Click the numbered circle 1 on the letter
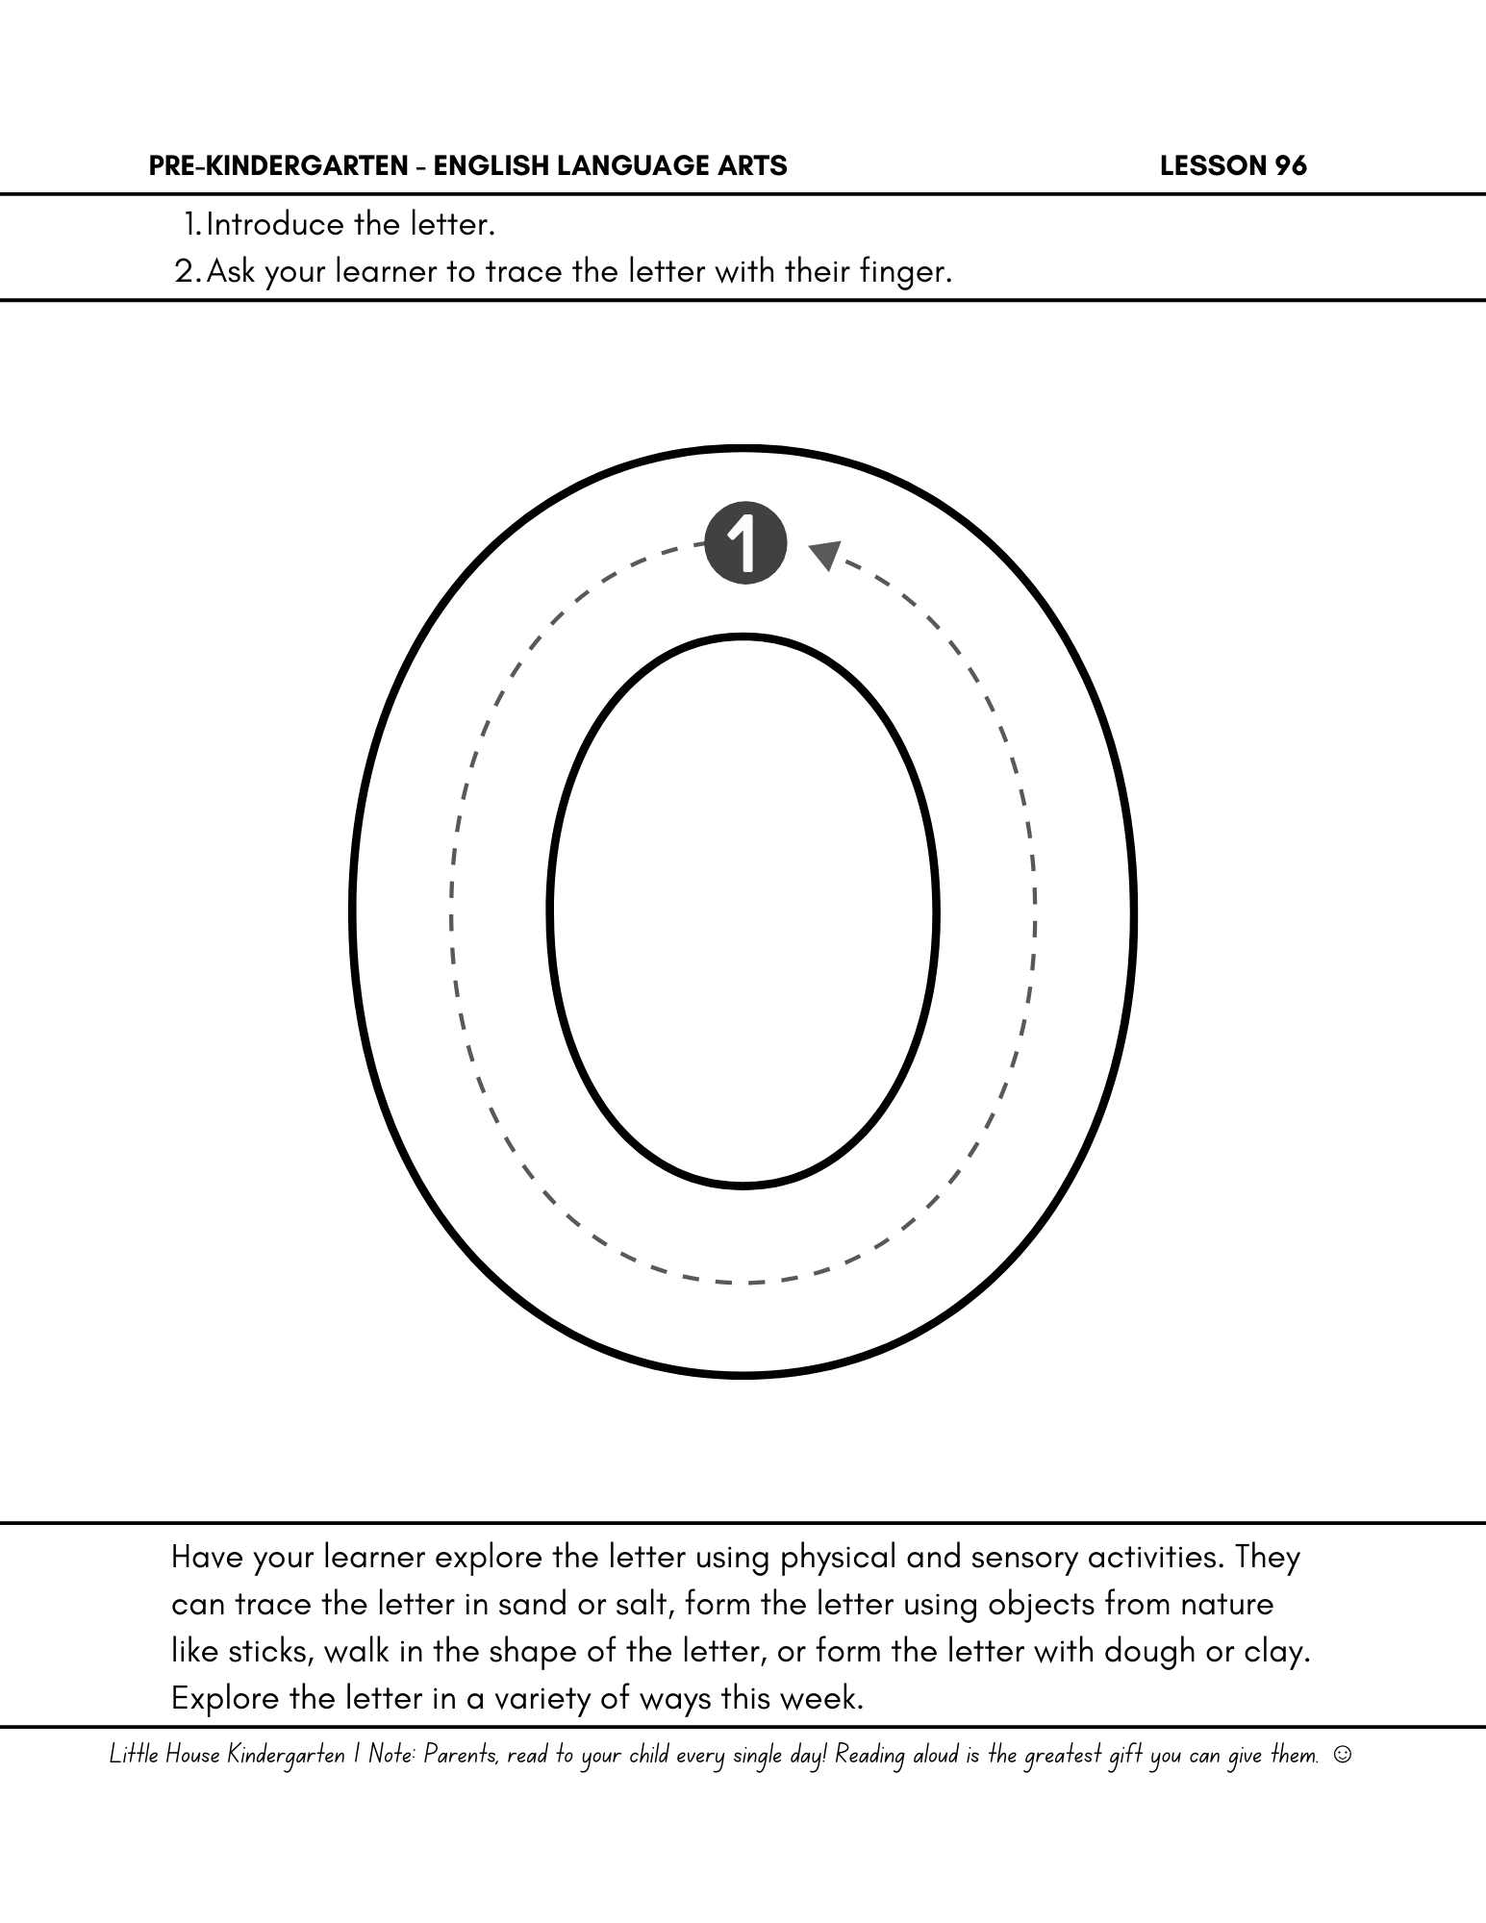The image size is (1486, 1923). point(745,543)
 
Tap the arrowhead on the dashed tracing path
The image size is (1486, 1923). point(824,555)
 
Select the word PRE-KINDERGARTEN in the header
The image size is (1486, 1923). point(278,166)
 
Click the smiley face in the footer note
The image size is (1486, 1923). point(1343,1755)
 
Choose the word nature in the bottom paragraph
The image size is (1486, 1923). point(1227,1604)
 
